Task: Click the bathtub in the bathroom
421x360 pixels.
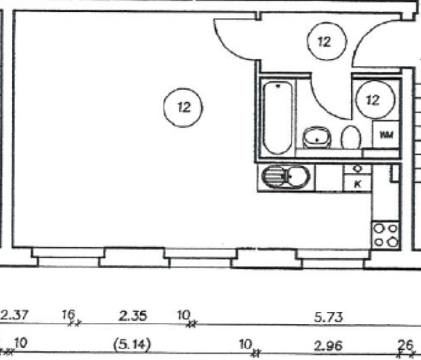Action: tap(277, 118)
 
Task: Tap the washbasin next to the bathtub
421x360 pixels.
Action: tap(317, 137)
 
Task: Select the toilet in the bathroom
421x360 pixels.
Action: tap(351, 137)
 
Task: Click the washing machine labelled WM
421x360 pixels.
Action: tap(386, 134)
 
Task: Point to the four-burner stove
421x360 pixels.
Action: tap(386, 235)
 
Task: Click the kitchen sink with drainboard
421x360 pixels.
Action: tap(286, 177)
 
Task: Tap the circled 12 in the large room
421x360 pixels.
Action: tap(183, 108)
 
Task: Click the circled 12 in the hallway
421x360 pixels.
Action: tap(327, 41)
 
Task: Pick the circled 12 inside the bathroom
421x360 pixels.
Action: tap(375, 99)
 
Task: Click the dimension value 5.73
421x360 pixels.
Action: tap(328, 317)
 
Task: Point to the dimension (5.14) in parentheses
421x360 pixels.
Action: tap(132, 345)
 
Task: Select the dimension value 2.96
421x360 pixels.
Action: tap(328, 346)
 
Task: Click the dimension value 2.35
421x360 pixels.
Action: tap(133, 316)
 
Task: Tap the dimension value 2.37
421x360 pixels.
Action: tap(15, 314)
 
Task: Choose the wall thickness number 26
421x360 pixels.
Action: tap(405, 345)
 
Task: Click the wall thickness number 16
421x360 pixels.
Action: tap(69, 314)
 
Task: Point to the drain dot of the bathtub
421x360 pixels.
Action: tap(278, 86)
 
